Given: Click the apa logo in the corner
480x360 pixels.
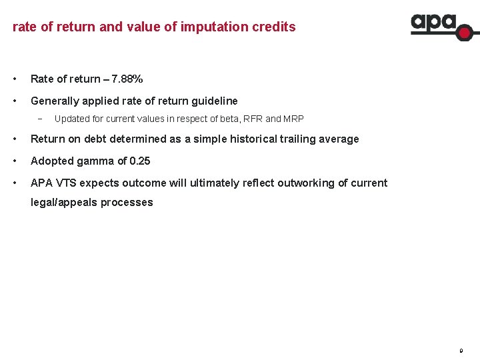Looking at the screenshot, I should point(441,25).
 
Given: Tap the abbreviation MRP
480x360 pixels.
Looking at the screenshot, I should point(293,119).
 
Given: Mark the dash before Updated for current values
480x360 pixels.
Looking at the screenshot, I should point(41,119).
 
